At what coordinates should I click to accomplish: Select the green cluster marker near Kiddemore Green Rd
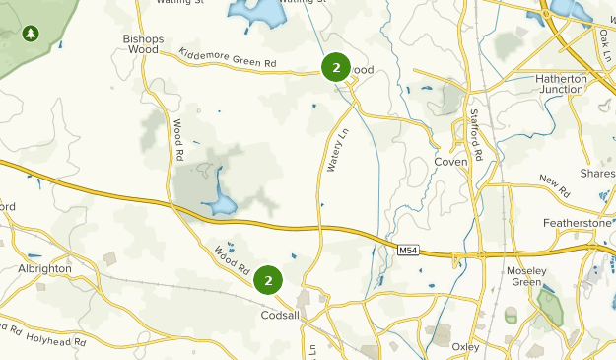(336, 67)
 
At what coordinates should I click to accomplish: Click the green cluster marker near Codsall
(268, 280)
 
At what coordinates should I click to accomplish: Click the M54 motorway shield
(409, 252)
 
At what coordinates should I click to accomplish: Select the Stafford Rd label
(477, 136)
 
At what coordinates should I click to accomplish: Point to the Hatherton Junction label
(560, 84)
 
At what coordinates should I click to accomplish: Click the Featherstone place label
(579, 224)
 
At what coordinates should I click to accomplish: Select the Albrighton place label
(44, 268)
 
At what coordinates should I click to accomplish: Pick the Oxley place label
(465, 346)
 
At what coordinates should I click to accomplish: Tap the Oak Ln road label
(602, 45)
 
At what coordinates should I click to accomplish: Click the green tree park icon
(31, 34)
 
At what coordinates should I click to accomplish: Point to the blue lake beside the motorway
(221, 203)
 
